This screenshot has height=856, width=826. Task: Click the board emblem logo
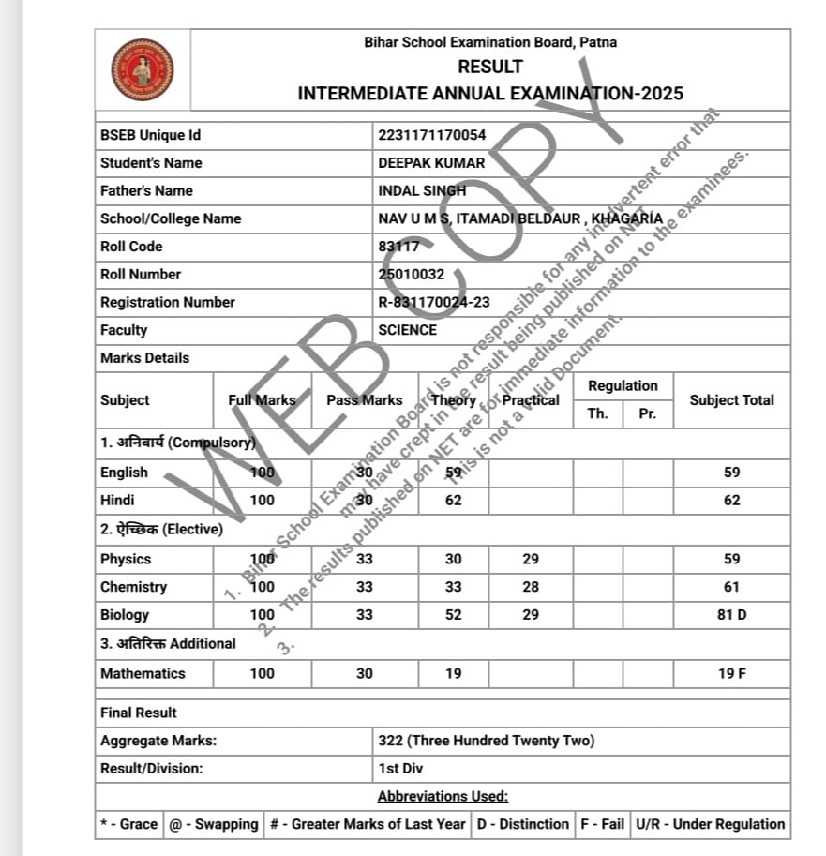tap(143, 69)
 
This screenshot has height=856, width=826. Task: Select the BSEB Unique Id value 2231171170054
tap(431, 135)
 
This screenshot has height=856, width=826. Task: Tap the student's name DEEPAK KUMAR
tap(431, 163)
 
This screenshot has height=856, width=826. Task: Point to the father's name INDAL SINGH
tap(422, 190)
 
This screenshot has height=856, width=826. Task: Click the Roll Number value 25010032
tap(411, 275)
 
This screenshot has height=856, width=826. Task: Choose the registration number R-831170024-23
tap(433, 302)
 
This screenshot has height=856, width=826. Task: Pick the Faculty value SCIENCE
tap(407, 330)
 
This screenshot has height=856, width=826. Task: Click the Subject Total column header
tap(731, 400)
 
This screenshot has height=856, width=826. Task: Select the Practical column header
tap(531, 400)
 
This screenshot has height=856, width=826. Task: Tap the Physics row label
tap(126, 559)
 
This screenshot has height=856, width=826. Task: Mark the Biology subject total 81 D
tap(731, 615)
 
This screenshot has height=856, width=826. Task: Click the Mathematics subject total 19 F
tap(731, 673)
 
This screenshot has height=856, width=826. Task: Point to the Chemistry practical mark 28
tap(531, 587)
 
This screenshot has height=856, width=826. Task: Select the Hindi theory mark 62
tap(453, 501)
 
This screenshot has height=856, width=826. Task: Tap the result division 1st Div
tap(400, 769)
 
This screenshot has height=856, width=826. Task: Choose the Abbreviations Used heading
tap(443, 797)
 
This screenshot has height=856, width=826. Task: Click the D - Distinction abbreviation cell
tap(522, 824)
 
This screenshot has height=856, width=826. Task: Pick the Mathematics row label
tap(143, 673)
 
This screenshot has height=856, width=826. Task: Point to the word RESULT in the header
tap(490, 67)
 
